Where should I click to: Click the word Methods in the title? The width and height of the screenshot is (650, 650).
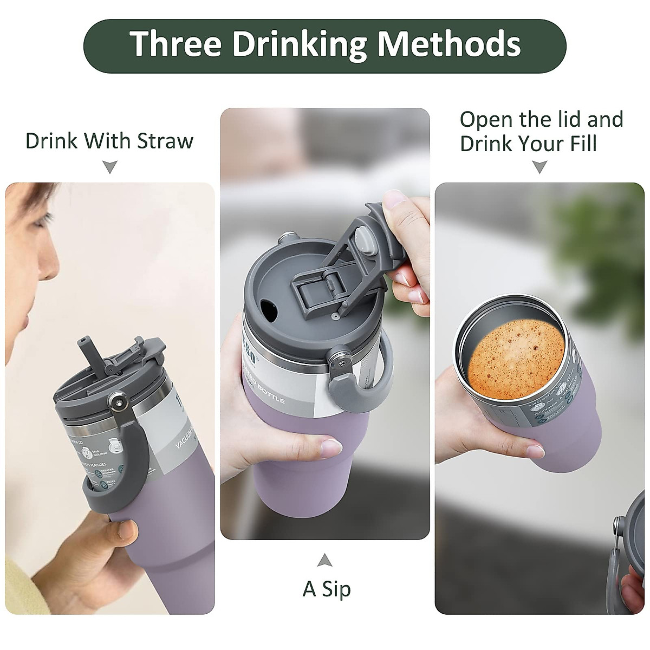[x=449, y=44]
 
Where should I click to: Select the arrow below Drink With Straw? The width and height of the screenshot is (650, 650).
[x=110, y=167]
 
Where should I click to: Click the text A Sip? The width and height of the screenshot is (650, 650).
[x=327, y=589]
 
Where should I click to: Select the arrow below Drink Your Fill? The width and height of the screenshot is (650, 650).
[x=539, y=167]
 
